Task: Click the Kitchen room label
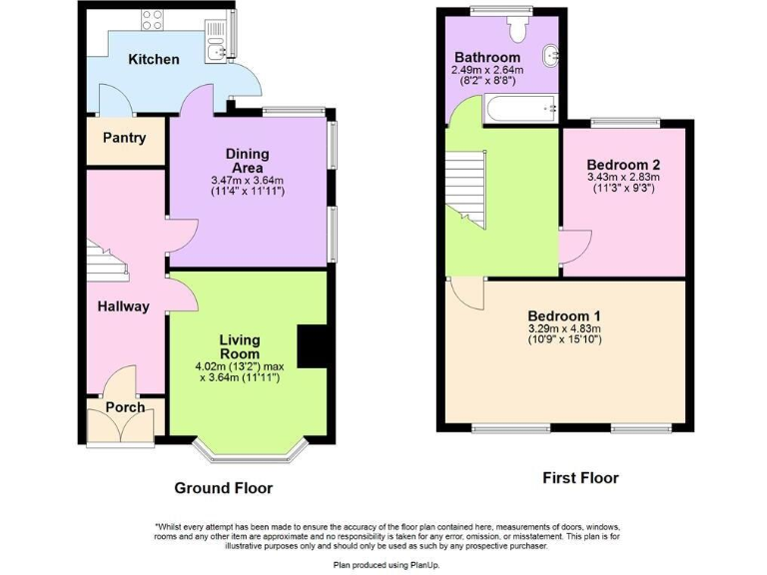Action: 154,60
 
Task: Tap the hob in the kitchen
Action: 154,18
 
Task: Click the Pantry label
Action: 125,139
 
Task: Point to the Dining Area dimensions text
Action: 248,186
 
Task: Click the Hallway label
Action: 123,307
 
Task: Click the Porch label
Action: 125,407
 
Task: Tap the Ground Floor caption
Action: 223,488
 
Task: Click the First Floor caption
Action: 580,478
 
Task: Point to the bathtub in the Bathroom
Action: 519,109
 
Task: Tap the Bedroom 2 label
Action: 622,165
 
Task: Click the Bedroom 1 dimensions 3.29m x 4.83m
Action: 565,328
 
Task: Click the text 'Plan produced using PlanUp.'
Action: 383,564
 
